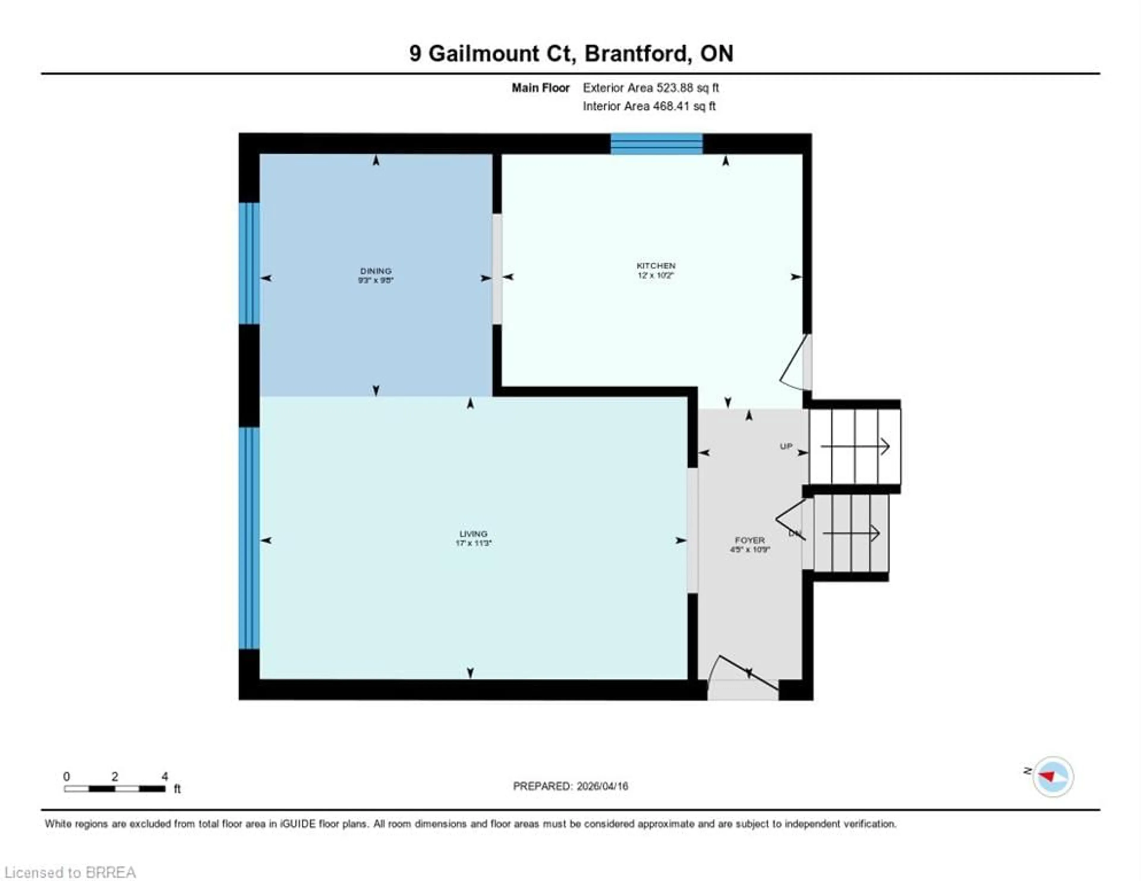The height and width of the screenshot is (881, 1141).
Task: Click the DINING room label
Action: tap(376, 271)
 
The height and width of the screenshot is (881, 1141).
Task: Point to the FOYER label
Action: tap(750, 540)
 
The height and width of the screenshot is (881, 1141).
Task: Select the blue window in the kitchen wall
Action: tap(657, 144)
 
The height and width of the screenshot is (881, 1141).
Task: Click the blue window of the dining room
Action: tap(249, 263)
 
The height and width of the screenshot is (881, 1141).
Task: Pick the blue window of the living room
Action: tap(249, 538)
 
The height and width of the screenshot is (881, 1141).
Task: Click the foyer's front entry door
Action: tap(744, 678)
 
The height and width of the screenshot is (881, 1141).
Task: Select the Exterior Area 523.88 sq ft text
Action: tap(650, 88)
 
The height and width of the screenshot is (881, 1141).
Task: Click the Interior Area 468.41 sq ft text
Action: tap(649, 106)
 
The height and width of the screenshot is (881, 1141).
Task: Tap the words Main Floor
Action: tap(540, 88)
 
